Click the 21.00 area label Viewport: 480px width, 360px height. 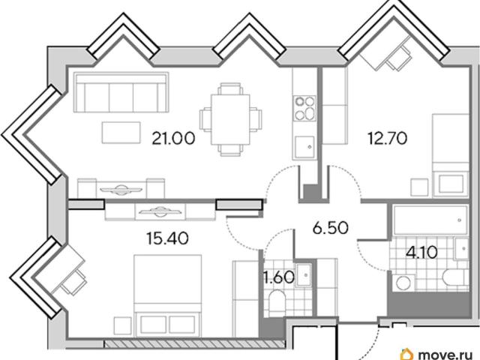(x=173, y=138)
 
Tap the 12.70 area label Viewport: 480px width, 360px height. (x=388, y=138)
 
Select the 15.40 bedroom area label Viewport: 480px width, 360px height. (x=167, y=238)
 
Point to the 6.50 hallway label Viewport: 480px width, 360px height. (x=331, y=227)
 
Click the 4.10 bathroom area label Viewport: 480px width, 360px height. (x=421, y=253)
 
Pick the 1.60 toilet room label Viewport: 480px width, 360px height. (x=279, y=277)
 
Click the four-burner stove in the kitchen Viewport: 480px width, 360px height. (x=304, y=108)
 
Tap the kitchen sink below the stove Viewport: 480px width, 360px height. (x=304, y=148)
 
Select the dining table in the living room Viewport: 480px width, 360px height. (x=230, y=119)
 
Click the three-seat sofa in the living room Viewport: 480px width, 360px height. (x=121, y=92)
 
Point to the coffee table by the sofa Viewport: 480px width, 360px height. (x=121, y=132)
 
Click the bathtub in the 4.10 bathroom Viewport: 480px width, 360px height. (x=430, y=220)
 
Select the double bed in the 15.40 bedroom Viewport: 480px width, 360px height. (x=168, y=295)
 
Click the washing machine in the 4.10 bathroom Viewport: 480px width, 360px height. (x=403, y=282)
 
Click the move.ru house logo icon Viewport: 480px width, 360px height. (x=408, y=354)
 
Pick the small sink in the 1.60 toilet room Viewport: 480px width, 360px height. (x=303, y=274)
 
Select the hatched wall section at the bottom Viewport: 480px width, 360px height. (x=195, y=343)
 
